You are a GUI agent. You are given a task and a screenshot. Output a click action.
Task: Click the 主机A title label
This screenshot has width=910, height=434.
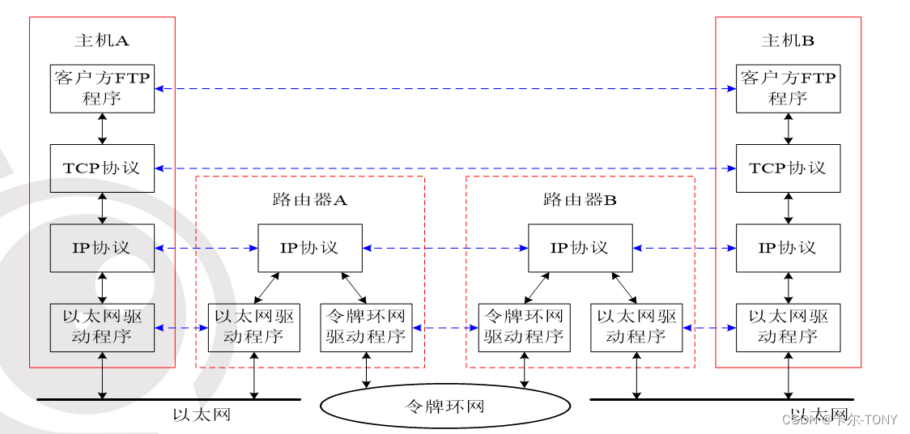click(102, 40)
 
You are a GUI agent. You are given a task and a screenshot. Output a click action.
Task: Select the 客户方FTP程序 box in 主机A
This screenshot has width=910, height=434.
click(102, 88)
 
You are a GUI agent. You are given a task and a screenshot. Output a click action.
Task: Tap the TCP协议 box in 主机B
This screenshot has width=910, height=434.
click(788, 168)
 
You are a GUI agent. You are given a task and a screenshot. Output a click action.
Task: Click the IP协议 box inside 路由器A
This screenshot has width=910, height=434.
click(310, 248)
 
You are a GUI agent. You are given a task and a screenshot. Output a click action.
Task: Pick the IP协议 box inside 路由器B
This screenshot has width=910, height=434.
click(580, 248)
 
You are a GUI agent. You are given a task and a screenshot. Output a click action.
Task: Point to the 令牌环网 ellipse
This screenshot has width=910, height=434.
click(444, 406)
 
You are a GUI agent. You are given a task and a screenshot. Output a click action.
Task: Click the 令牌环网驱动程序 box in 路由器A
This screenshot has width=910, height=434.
click(366, 328)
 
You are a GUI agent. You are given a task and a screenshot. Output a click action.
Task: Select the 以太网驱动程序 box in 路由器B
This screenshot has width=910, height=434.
click(636, 328)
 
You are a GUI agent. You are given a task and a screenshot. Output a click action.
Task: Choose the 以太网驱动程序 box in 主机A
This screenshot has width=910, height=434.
click(102, 328)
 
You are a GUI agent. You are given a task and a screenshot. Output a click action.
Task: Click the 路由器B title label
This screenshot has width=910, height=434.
click(580, 200)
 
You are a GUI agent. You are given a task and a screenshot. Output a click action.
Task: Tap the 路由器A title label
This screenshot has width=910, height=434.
click(310, 200)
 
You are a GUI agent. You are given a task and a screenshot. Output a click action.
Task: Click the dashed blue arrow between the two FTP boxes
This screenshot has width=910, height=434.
click(444, 88)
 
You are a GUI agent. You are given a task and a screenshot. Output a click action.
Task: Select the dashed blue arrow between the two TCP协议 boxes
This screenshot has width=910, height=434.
click(444, 168)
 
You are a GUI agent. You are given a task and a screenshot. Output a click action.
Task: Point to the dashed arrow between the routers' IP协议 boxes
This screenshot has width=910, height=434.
click(445, 248)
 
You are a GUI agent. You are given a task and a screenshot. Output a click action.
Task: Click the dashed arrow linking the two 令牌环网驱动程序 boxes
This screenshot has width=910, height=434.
click(445, 328)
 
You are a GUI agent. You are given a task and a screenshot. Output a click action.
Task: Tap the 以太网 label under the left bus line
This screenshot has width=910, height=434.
click(202, 415)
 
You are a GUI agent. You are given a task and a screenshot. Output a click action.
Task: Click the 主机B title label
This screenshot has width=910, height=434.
click(788, 40)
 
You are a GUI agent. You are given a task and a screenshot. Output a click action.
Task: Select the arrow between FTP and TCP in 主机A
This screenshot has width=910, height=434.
click(102, 129)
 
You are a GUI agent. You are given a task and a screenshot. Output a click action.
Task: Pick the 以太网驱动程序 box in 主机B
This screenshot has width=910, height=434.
click(788, 328)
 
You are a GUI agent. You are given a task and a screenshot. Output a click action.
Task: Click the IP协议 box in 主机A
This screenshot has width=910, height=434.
click(102, 248)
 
